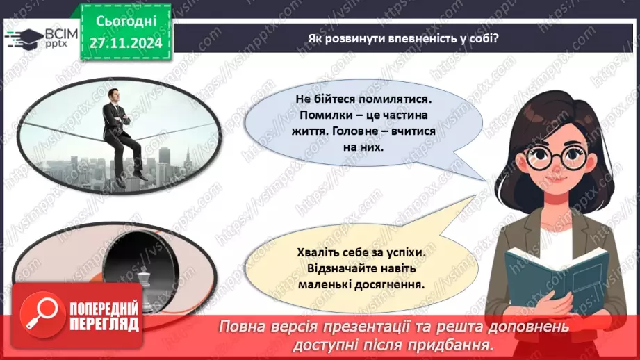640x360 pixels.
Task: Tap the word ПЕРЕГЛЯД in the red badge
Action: [x=104, y=323]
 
